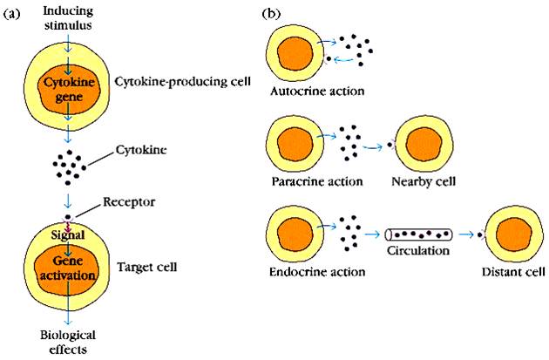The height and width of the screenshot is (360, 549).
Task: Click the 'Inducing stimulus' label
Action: (x=66, y=15)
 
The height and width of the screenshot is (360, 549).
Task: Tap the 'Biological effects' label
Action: (x=67, y=342)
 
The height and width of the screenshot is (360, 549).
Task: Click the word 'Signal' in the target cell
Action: (x=67, y=235)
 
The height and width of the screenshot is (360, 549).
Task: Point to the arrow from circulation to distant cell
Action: (x=467, y=234)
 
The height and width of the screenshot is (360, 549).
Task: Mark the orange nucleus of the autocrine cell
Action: (x=295, y=48)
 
